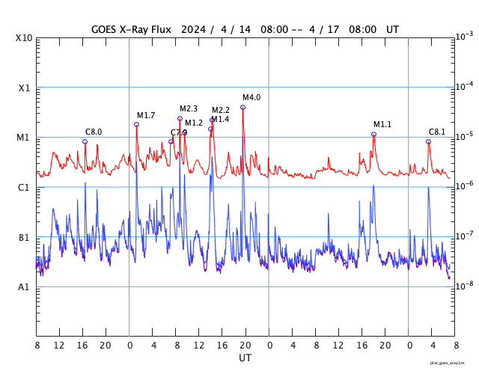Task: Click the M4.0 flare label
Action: [251, 98]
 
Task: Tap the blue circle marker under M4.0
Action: [242, 107]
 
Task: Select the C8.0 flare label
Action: [94, 132]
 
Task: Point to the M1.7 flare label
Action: [146, 115]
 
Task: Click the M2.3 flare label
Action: [189, 109]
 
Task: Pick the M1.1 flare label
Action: [382, 125]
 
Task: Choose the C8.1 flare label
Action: [437, 132]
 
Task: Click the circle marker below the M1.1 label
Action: [373, 134]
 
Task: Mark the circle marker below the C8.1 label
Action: [428, 141]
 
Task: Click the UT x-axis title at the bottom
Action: [245, 358]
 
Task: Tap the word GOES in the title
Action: [106, 29]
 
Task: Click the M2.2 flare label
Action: [221, 111]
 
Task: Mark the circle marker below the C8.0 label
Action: [85, 141]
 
